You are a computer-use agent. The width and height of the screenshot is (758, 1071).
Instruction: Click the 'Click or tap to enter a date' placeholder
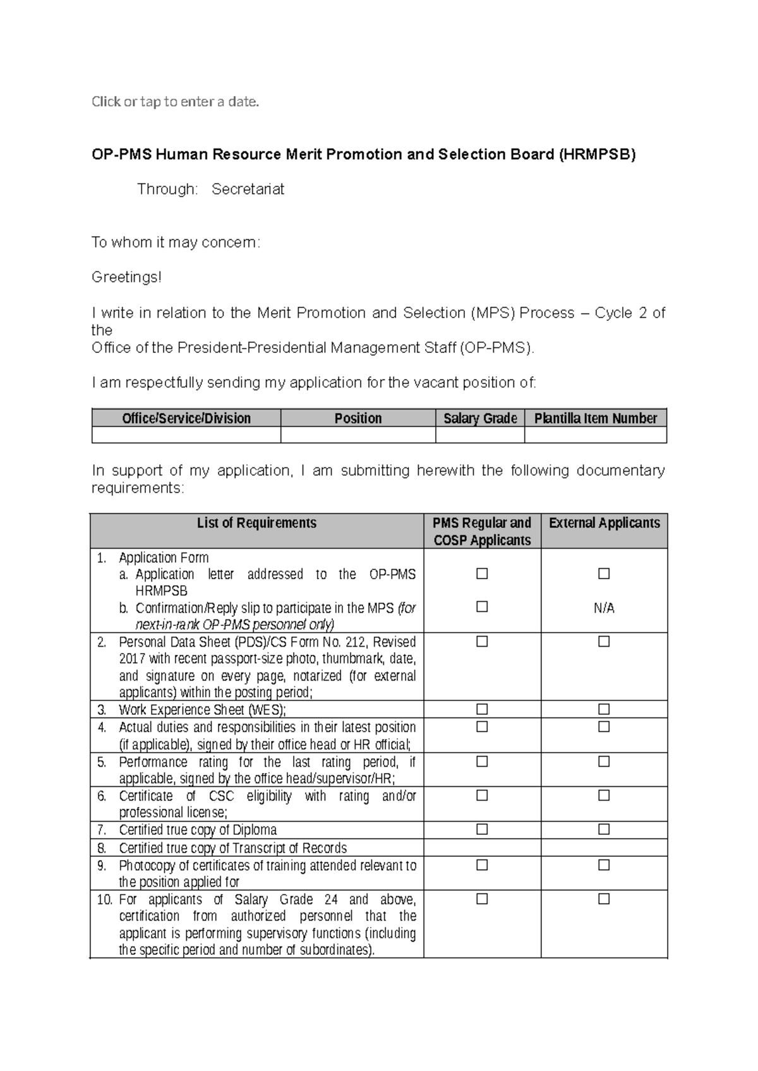click(x=176, y=102)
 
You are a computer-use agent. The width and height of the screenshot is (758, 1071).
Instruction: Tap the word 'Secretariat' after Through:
click(x=248, y=189)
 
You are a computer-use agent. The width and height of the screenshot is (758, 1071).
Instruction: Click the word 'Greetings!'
click(x=126, y=277)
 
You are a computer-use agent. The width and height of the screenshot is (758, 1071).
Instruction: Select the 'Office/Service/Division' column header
click(x=186, y=418)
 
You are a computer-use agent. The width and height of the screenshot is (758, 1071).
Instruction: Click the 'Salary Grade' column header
click(x=480, y=418)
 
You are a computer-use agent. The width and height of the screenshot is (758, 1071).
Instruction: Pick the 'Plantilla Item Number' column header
click(x=596, y=418)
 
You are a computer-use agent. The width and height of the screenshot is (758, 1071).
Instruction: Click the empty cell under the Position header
click(x=358, y=435)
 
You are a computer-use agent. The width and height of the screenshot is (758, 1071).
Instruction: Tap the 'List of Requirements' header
click(x=256, y=523)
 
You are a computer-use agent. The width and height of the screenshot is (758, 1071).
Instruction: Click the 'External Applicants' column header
click(x=604, y=523)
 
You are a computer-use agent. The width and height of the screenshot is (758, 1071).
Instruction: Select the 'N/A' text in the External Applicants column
click(x=604, y=608)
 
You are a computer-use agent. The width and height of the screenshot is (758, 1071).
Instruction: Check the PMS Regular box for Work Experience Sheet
click(x=482, y=709)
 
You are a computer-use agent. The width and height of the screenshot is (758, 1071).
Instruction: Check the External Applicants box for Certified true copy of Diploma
click(x=604, y=829)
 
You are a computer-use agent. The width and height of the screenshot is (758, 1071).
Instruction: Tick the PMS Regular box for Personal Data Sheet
click(x=482, y=642)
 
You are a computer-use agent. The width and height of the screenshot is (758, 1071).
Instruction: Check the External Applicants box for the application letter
click(x=604, y=573)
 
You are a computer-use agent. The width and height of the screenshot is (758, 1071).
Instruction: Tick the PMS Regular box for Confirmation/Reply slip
click(x=482, y=607)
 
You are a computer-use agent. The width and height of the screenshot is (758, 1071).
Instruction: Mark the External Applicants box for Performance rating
click(x=604, y=762)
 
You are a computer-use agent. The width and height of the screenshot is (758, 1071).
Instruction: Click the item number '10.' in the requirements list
click(x=105, y=899)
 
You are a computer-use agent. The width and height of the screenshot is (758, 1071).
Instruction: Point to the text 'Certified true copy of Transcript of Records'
click(x=233, y=848)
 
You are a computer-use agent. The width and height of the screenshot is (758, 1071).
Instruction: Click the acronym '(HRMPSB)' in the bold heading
click(x=596, y=155)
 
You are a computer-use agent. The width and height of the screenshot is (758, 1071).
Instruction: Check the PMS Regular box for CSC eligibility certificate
click(x=482, y=795)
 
